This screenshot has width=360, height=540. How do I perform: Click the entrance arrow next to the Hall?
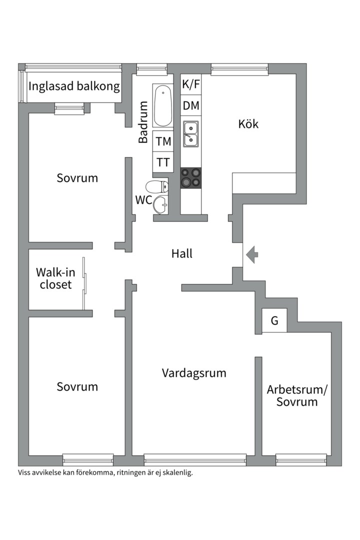253,255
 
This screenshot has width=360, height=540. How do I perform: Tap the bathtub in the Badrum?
162,106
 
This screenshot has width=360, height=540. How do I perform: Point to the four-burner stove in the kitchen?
191,178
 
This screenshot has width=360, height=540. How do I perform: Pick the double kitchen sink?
191,133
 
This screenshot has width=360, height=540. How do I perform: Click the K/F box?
191,84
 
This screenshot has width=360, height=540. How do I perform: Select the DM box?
191,105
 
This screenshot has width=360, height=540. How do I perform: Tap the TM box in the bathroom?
163,141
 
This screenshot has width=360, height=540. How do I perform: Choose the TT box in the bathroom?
163,162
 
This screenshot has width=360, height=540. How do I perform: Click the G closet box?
274,321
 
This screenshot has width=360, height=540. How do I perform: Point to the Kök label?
248,123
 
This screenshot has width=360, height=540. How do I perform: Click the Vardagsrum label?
194,372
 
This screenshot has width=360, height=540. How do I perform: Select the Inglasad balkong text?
74,86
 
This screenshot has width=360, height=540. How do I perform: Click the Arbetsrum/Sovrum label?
297,395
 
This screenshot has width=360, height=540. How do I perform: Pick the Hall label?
182,253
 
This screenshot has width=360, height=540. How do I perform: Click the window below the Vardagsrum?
195,459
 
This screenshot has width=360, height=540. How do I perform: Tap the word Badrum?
143,122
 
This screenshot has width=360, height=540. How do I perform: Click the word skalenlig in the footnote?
175,472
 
